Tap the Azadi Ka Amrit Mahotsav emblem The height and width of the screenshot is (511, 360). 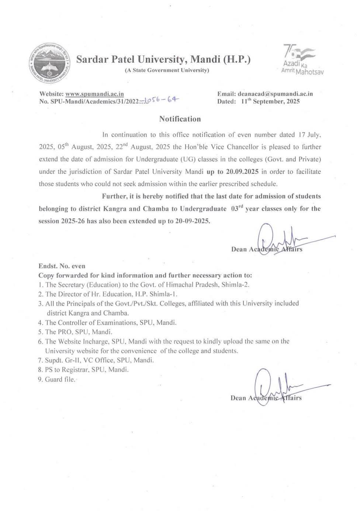(301, 60)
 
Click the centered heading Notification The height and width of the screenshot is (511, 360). (180, 119)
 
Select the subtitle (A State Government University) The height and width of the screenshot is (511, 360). (167, 70)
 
